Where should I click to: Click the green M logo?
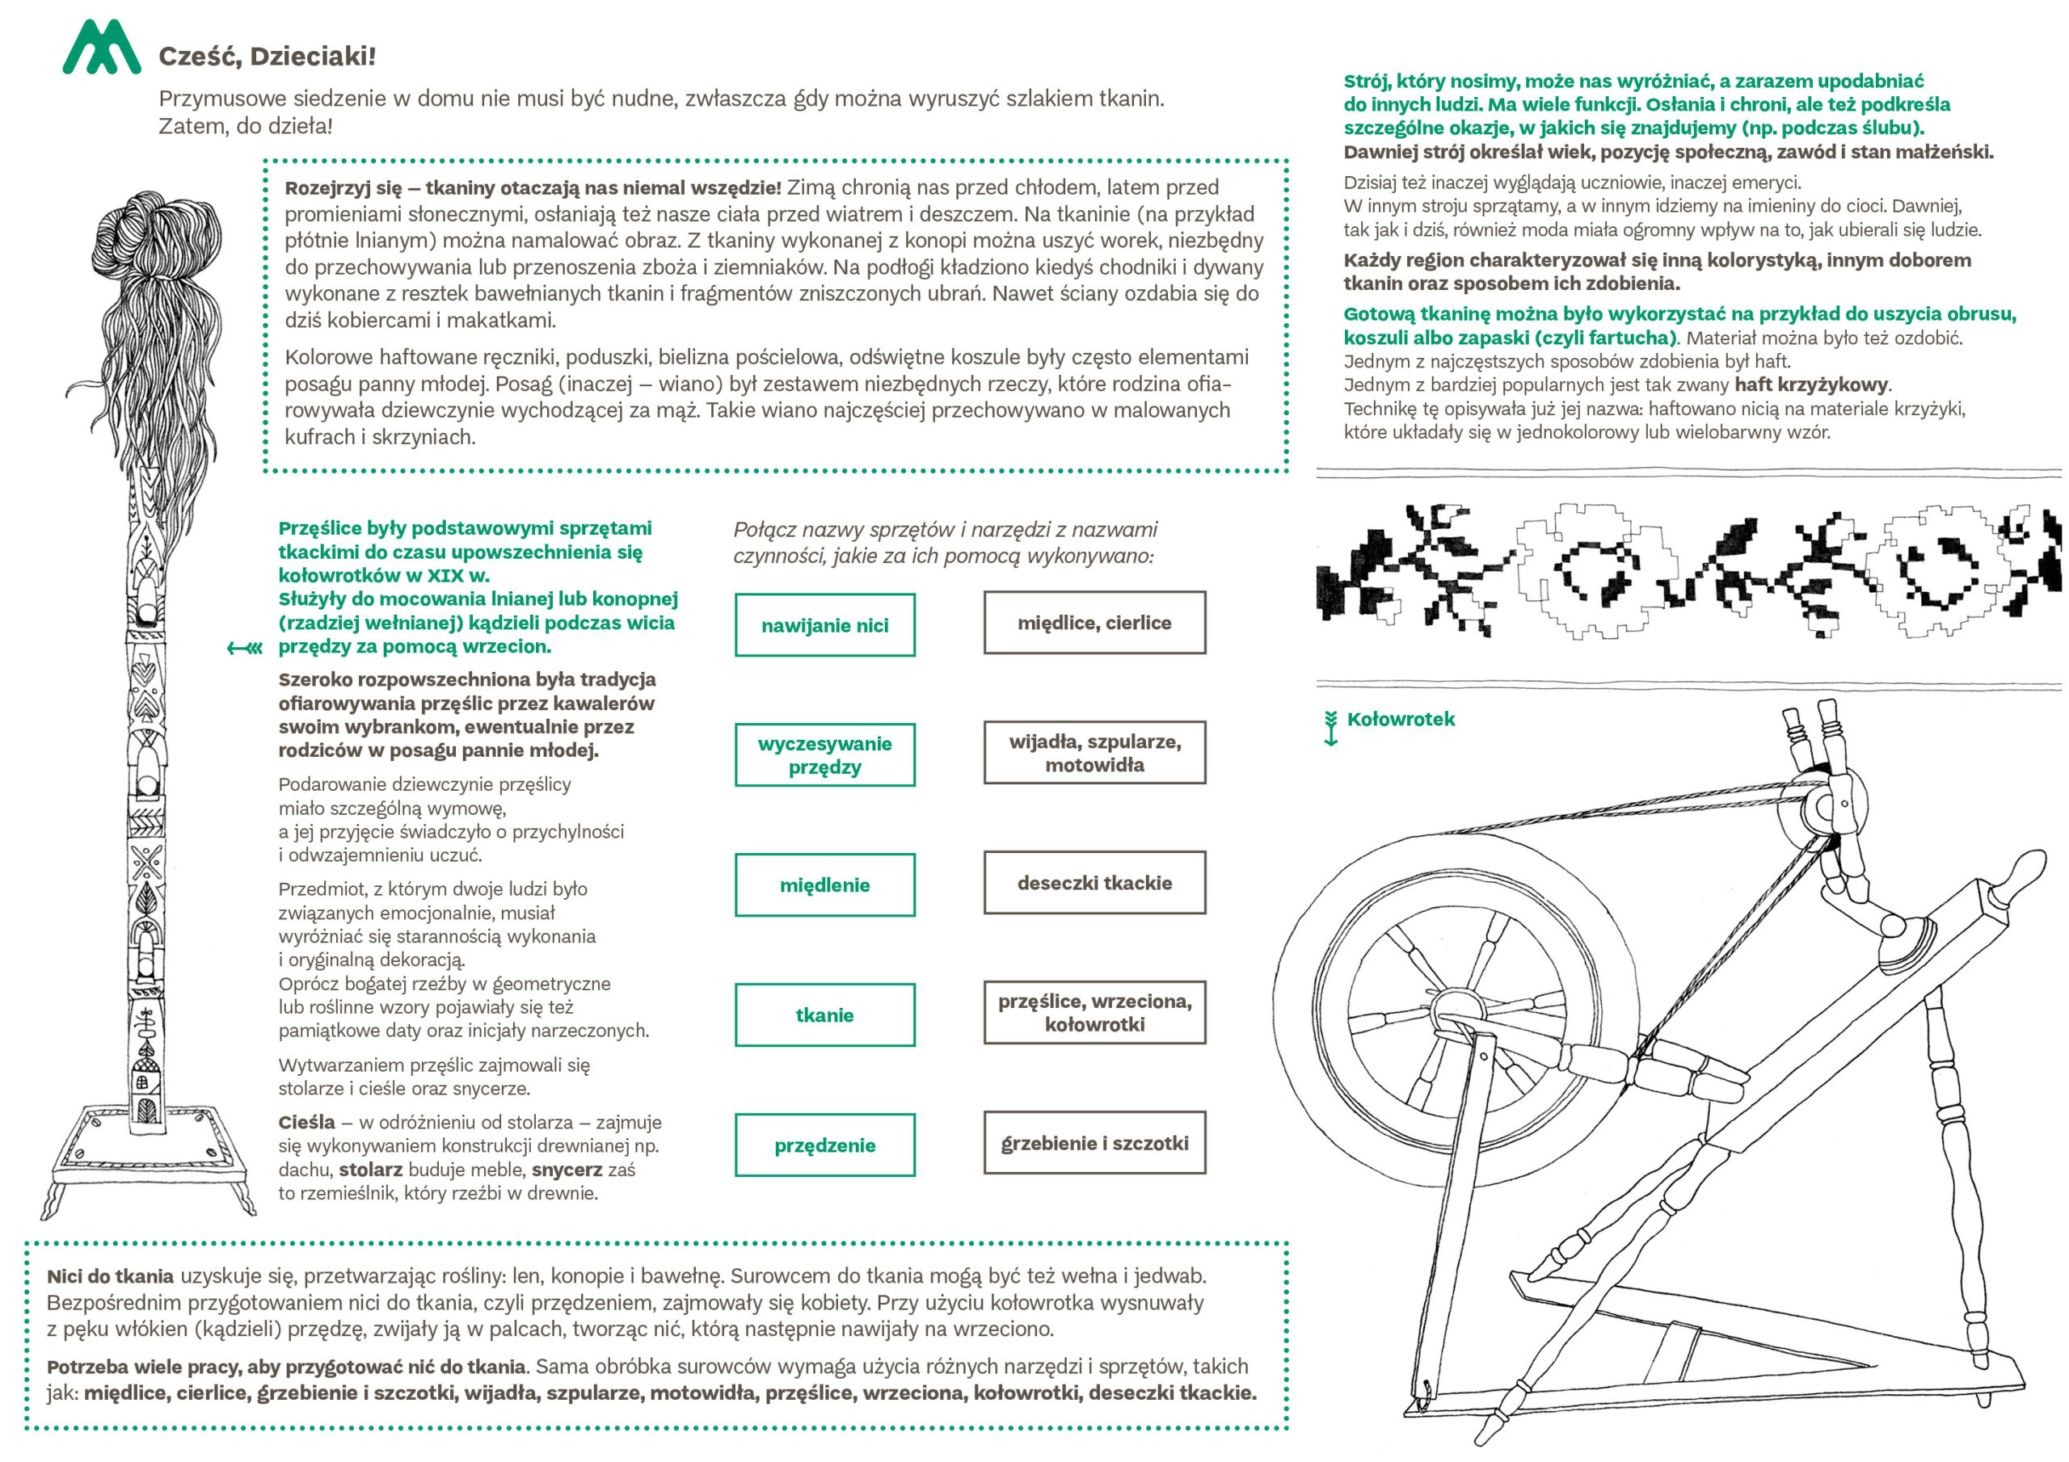[101, 48]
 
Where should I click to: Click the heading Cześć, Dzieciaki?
[267, 57]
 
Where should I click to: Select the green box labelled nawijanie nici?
[824, 625]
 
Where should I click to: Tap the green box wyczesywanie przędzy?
[824, 755]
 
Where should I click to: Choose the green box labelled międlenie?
[824, 884]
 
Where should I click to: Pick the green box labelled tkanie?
[824, 1015]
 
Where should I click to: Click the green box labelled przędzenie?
[824, 1145]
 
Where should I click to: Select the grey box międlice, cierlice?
[1094, 623]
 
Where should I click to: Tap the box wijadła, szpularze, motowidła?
[1094, 752]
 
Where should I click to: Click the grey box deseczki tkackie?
[1094, 883]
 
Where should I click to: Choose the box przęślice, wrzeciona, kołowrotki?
[1094, 1013]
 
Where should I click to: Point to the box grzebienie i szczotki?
[1094, 1143]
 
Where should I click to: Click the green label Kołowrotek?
[1401, 719]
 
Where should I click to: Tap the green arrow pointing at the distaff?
[244, 648]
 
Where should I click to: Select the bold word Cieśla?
[306, 1123]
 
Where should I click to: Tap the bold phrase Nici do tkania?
[110, 1276]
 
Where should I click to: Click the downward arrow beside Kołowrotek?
[1331, 728]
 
